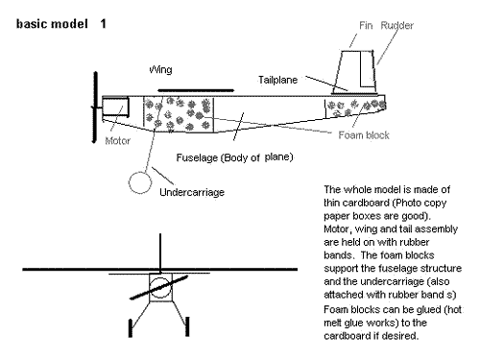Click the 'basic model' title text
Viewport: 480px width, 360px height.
click(52, 24)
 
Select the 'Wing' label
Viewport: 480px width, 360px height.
click(160, 69)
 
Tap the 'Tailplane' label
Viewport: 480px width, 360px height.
click(277, 80)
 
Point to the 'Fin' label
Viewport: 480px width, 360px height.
click(366, 25)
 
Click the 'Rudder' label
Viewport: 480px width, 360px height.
click(396, 25)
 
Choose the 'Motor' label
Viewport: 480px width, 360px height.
click(117, 141)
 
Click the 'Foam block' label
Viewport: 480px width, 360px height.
click(364, 135)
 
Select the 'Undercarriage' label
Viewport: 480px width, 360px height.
click(192, 192)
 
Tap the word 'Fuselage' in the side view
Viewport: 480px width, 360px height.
click(197, 157)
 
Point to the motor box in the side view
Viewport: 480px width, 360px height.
click(115, 106)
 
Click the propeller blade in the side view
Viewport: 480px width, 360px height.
click(95, 108)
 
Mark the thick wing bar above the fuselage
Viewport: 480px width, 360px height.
click(196, 90)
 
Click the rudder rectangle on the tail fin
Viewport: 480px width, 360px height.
click(368, 68)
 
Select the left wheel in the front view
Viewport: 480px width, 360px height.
click(131, 327)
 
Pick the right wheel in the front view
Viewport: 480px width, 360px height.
click(187, 326)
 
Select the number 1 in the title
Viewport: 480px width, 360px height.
click(103, 24)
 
